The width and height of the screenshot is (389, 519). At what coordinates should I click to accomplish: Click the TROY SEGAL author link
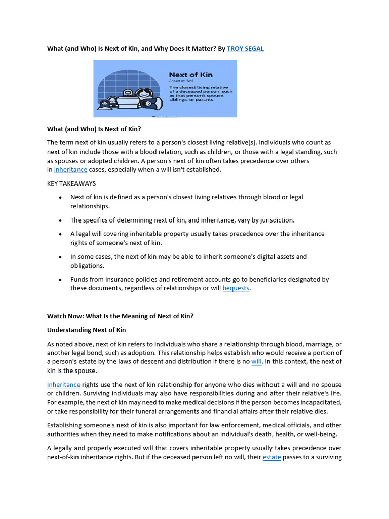click(245, 49)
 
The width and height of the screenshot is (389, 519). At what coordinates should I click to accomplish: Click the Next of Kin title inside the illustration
click(190, 75)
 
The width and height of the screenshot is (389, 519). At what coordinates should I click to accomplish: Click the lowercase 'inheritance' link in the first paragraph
click(70, 170)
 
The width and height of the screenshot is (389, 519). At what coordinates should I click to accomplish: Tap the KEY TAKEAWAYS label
click(71, 183)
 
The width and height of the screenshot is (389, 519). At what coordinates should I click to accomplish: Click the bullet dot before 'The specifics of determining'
click(61, 221)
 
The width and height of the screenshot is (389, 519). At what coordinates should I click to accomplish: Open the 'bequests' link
click(236, 288)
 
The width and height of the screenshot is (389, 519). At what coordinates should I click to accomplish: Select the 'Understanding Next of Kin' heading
click(86, 330)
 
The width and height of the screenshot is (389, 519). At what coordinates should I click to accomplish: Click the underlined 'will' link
click(256, 362)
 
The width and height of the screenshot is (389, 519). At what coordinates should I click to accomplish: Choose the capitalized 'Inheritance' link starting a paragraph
click(64, 385)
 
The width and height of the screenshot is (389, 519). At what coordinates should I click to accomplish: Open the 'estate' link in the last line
click(271, 457)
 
